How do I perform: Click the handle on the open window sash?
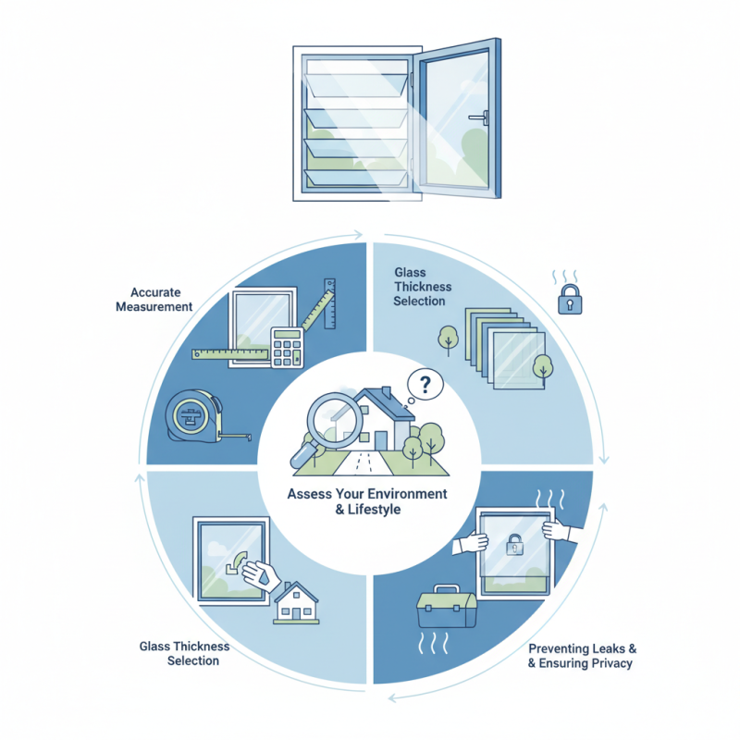479,117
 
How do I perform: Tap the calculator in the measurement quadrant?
287,348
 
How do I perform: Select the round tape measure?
194,415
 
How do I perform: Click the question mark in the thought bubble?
425,385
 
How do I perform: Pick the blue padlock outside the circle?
570,299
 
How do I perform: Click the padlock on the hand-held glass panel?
514,545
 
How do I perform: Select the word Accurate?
155,292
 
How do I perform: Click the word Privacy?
611,663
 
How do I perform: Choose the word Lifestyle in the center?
375,510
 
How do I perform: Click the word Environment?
407,494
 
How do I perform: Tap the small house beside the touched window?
296,603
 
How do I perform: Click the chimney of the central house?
387,392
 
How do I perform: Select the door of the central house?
380,441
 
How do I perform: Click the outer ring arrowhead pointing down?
604,460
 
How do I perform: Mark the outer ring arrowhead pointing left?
392,697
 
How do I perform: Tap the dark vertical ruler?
329,303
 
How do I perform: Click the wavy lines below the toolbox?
433,643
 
